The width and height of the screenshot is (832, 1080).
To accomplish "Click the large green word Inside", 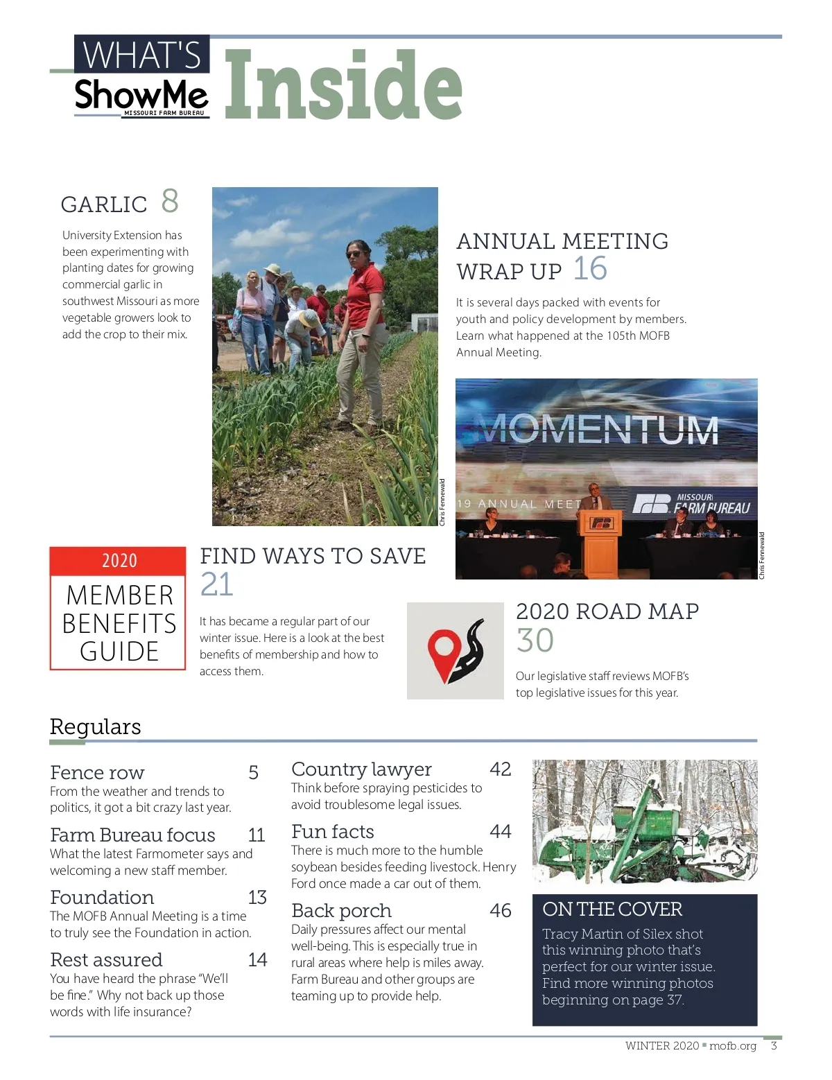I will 343,85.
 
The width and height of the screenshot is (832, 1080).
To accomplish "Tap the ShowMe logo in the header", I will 141,96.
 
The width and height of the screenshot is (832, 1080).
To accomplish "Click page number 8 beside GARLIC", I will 170,201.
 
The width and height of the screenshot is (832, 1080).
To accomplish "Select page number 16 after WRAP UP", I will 590,269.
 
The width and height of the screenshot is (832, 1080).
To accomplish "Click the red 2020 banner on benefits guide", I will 119,560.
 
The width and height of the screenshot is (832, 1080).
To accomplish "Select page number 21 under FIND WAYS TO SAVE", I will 216,584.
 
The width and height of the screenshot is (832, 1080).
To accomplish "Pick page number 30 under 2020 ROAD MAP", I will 535,641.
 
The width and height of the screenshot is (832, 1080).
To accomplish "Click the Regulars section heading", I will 96,726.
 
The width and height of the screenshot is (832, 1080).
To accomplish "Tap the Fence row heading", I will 97,772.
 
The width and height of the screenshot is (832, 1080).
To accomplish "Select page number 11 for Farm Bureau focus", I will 257,835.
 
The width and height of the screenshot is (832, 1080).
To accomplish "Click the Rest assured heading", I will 106,960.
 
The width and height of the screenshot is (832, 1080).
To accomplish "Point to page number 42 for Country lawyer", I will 500,769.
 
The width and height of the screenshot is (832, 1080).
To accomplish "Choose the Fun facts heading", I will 333,832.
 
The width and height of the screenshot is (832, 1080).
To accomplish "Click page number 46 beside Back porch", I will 500,911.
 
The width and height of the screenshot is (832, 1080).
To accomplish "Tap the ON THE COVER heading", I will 612,909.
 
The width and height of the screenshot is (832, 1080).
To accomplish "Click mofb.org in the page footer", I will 732,1046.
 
